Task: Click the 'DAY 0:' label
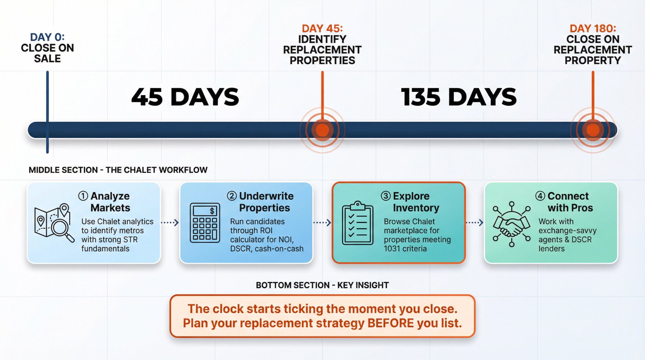[47, 37]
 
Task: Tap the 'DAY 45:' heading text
[322, 28]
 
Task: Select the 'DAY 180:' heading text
[593, 28]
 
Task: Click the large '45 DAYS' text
[185, 97]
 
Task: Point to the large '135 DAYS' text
[459, 97]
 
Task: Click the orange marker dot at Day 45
[322, 130]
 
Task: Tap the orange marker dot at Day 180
[593, 130]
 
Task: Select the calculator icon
[205, 223]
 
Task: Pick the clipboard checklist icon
[357, 223]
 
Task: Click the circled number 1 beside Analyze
[83, 196]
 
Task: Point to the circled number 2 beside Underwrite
[232, 196]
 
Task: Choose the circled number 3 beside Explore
[386, 196]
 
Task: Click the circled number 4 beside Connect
[540, 196]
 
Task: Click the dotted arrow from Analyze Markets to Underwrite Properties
[170, 223]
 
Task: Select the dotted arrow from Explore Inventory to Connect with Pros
[475, 223]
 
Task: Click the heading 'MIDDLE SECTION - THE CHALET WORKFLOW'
[118, 170]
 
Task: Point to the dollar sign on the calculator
[212, 211]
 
